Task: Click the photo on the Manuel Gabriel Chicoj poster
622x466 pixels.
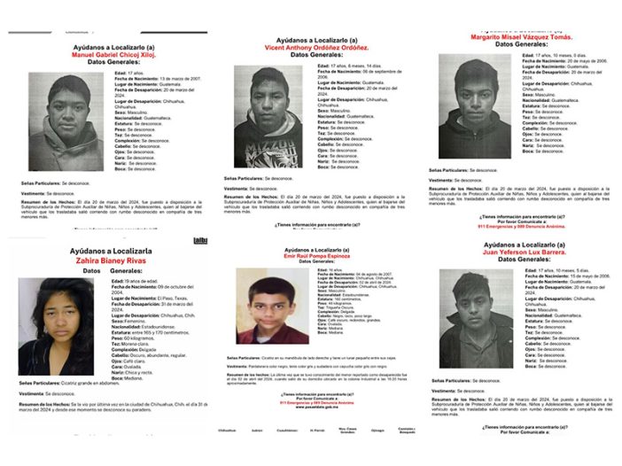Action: [66, 121]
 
